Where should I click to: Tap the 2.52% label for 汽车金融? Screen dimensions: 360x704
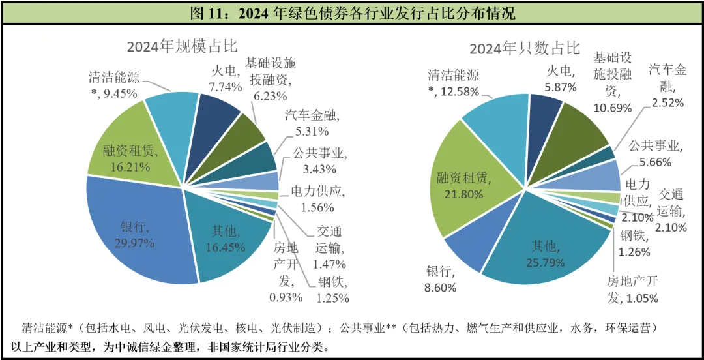(667, 103)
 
